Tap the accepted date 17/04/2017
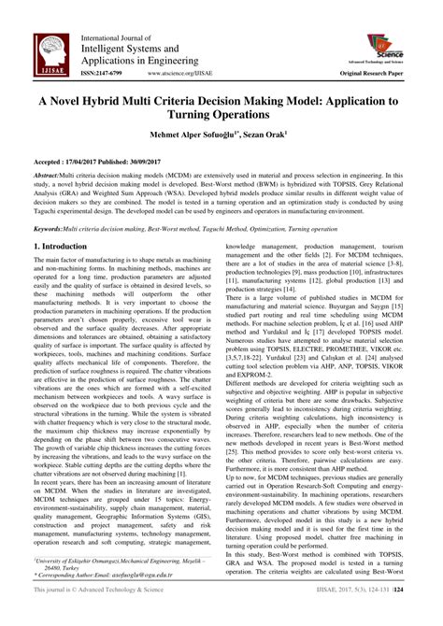click(x=90, y=160)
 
